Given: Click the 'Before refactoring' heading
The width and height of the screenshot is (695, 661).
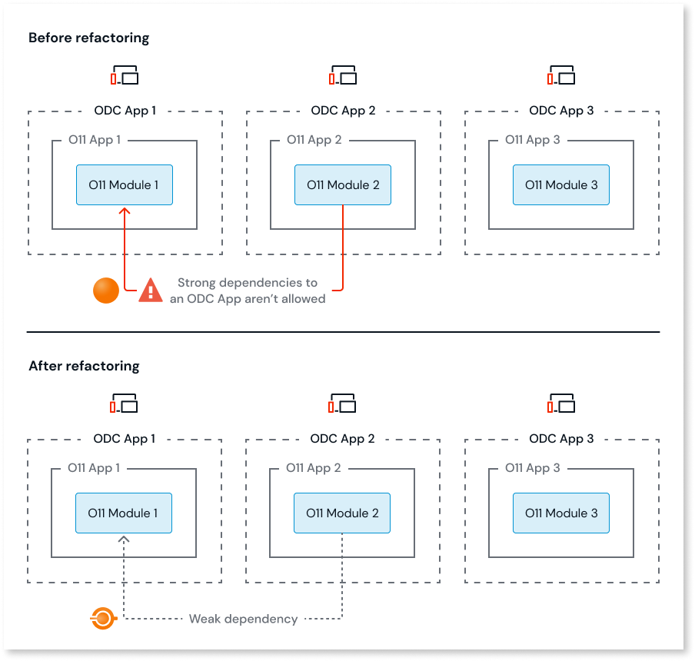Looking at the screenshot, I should click(x=89, y=38).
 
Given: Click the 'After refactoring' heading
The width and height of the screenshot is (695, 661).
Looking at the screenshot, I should click(x=84, y=366).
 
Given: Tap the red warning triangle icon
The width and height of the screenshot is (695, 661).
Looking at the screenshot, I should click(x=150, y=290).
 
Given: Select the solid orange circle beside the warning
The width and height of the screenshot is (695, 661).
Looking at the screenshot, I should click(x=106, y=290).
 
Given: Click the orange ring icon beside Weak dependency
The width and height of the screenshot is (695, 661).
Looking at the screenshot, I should click(x=102, y=618).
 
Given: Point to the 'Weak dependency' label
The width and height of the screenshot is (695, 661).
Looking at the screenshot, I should click(x=243, y=619).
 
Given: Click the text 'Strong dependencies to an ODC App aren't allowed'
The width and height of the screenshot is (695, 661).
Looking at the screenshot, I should click(x=248, y=291).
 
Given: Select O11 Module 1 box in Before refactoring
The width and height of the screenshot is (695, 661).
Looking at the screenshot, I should click(x=125, y=185).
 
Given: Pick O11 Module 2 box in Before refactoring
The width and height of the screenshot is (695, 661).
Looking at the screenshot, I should click(x=343, y=185).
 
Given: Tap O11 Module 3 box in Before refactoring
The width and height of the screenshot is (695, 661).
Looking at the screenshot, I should click(x=561, y=185).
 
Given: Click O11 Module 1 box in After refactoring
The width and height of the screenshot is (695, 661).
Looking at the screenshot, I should click(x=124, y=513).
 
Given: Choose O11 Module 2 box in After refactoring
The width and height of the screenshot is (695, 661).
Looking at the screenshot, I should click(x=342, y=513).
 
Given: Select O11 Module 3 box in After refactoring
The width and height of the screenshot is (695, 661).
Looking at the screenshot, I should click(x=561, y=513).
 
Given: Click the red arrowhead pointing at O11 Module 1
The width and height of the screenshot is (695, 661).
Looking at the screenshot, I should click(x=125, y=210).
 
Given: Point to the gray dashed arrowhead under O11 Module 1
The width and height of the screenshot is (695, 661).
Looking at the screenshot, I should click(x=125, y=540).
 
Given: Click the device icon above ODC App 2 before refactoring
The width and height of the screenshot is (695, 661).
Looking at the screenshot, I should click(x=343, y=75).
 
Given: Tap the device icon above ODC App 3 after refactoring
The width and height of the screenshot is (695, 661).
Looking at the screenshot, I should click(x=561, y=404).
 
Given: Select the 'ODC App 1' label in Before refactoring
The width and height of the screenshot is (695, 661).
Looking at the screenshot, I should click(x=125, y=111).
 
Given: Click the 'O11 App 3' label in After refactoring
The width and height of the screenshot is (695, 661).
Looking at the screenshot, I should click(x=532, y=468).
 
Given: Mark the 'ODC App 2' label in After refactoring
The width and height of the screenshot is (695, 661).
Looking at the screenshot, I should click(x=342, y=439).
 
